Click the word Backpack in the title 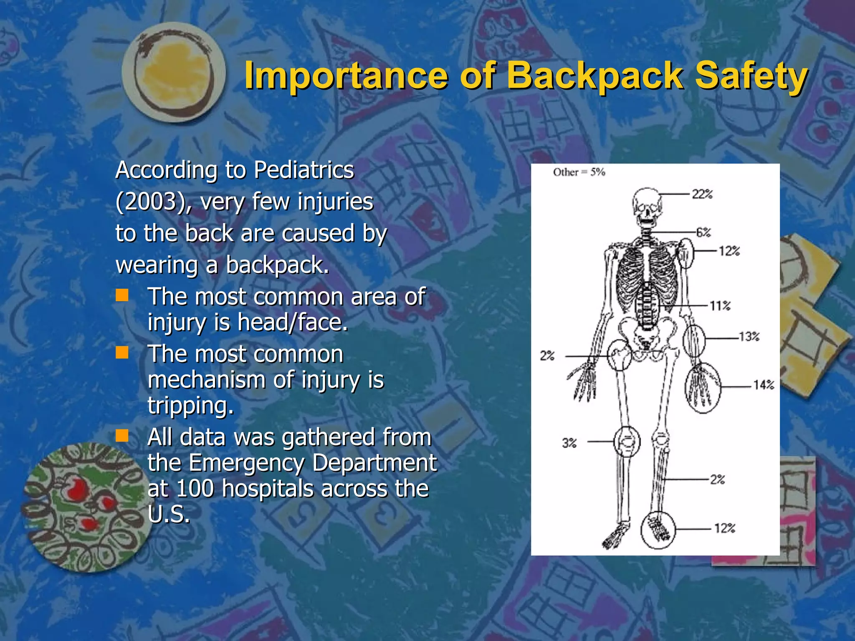(594, 76)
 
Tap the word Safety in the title (751, 76)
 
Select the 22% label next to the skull (702, 194)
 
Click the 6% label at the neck (703, 232)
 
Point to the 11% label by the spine (720, 306)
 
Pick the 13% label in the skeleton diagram (749, 336)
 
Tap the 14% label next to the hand (764, 385)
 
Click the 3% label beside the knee (569, 442)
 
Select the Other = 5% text (579, 172)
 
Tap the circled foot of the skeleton (658, 530)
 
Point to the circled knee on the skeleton (627, 442)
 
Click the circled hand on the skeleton (702, 387)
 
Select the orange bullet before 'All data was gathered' (122, 436)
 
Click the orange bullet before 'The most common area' (122, 295)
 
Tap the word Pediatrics (304, 170)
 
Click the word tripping (190, 406)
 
